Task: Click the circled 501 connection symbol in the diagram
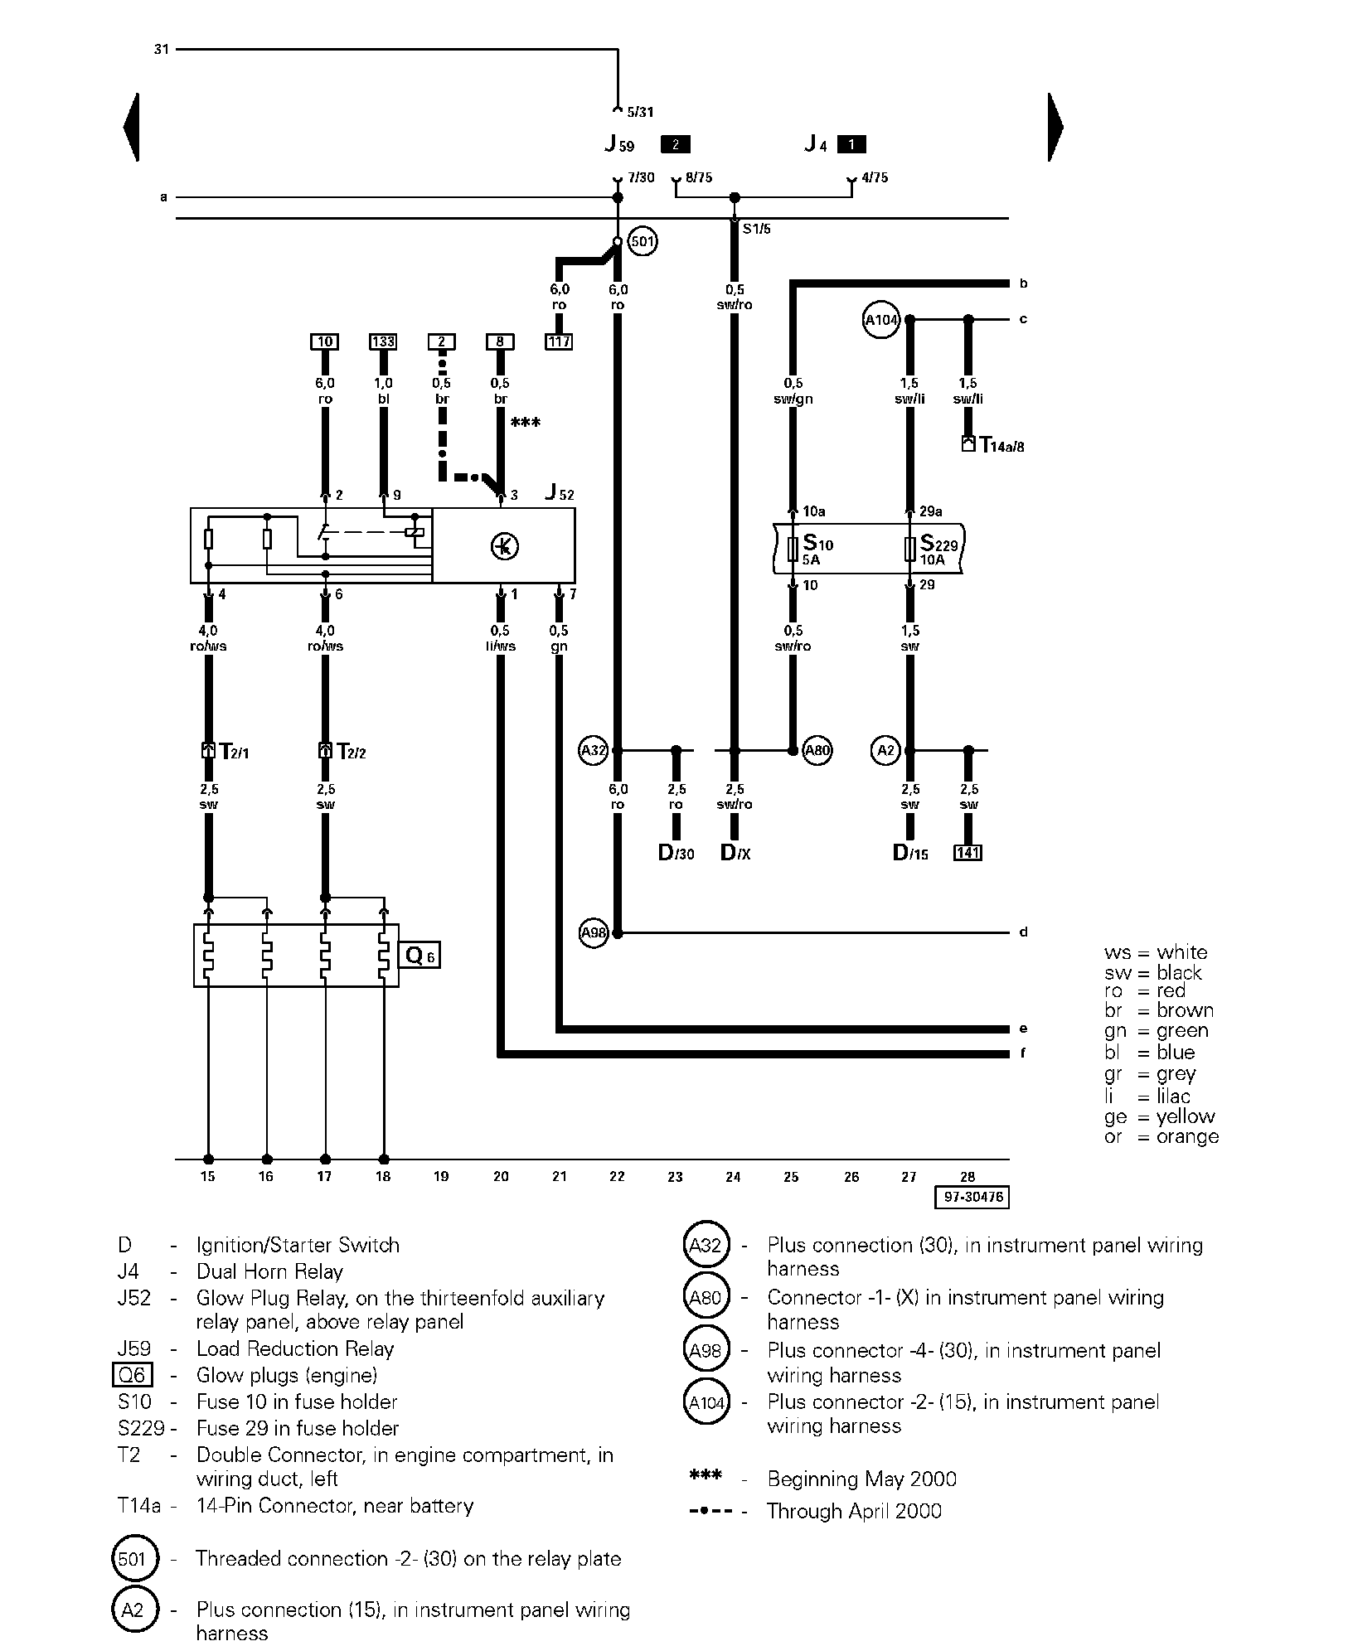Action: (643, 242)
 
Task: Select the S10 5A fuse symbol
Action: (793, 548)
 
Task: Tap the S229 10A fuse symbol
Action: (910, 548)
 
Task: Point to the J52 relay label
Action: (560, 493)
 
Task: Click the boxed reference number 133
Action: (383, 341)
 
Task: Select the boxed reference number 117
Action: (559, 341)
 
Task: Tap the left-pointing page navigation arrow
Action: (131, 127)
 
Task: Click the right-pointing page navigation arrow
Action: (1055, 127)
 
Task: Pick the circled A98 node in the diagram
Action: (594, 933)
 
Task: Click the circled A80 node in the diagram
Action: (817, 751)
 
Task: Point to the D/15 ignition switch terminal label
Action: (910, 853)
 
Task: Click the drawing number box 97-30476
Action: (973, 1198)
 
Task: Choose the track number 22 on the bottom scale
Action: (617, 1176)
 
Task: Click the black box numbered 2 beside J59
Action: (675, 145)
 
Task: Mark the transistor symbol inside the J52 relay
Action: (504, 546)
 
